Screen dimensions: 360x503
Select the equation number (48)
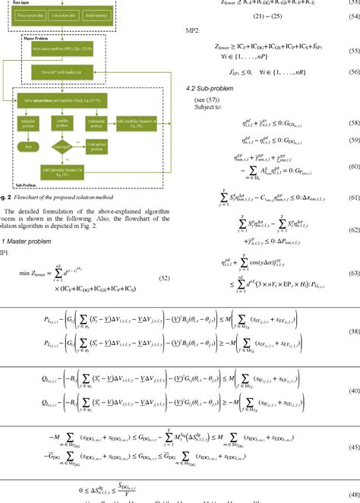click(352, 492)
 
